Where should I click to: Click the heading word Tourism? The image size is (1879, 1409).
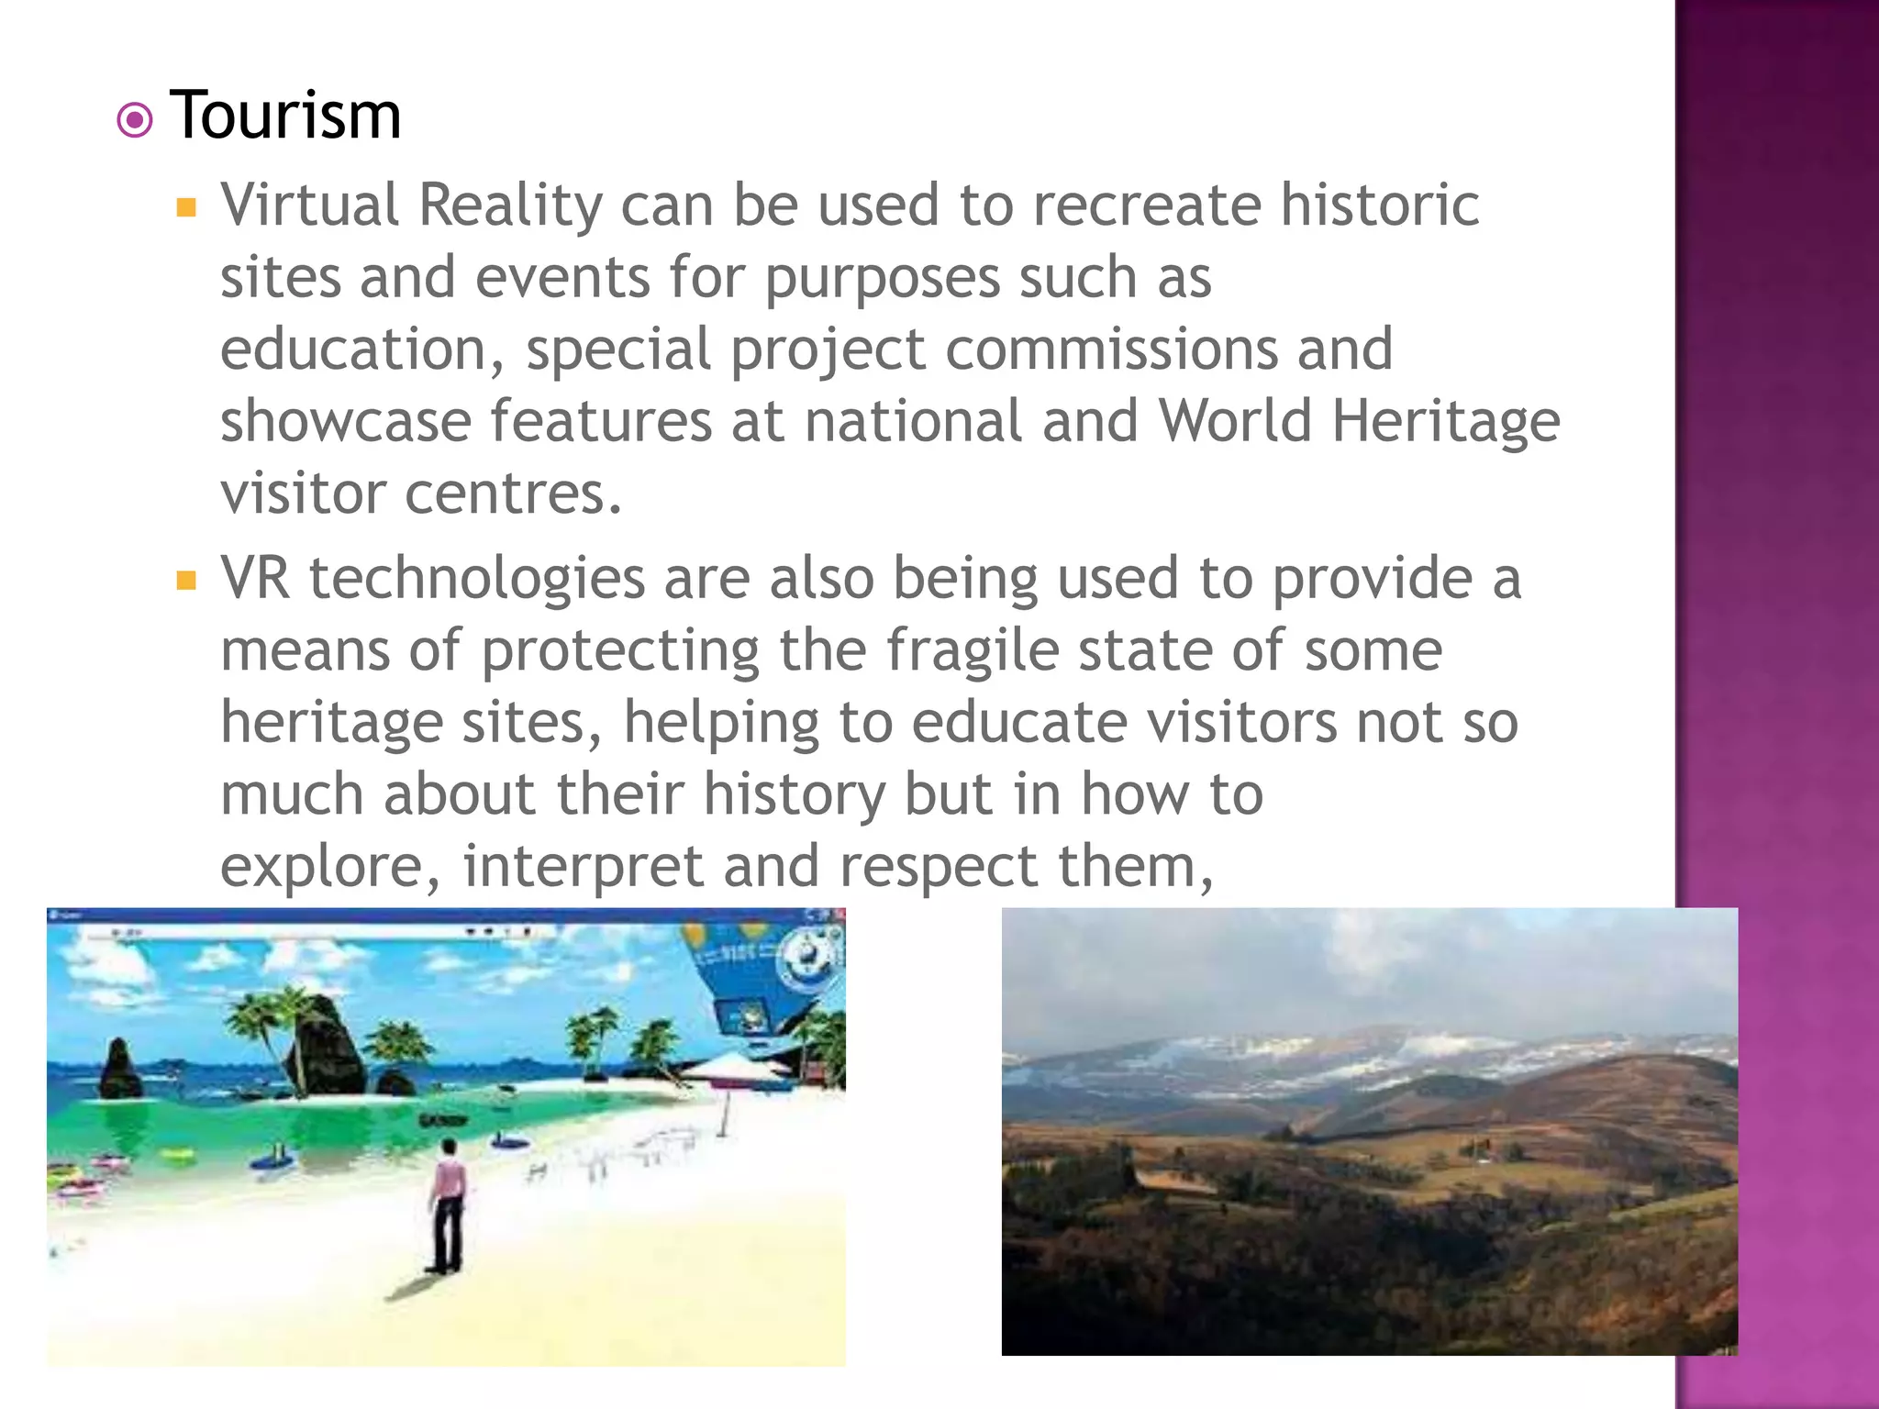285,116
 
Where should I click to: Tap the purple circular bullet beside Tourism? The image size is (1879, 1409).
135,120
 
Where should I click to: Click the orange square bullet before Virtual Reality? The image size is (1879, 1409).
186,207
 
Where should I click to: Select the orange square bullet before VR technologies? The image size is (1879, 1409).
186,581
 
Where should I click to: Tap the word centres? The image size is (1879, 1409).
514,494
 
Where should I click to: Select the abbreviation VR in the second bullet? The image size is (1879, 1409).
255,578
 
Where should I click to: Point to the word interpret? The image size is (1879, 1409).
583,867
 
